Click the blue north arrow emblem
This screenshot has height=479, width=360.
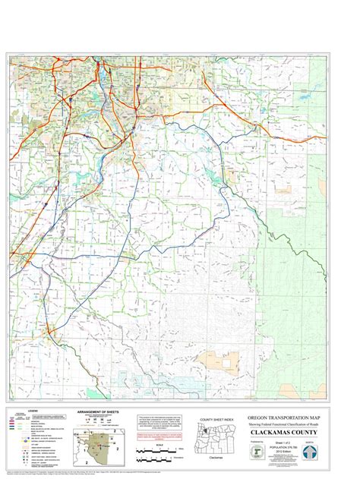tap(331, 451)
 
